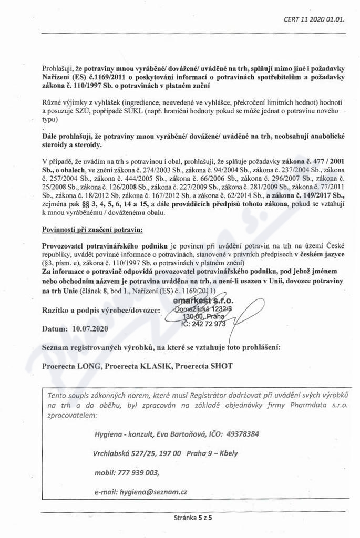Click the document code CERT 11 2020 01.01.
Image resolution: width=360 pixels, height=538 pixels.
tap(314, 20)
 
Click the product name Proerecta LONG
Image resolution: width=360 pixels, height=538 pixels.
tap(71, 366)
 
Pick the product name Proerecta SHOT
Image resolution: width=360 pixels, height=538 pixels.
tap(202, 366)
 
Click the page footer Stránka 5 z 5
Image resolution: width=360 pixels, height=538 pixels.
tap(196, 518)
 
